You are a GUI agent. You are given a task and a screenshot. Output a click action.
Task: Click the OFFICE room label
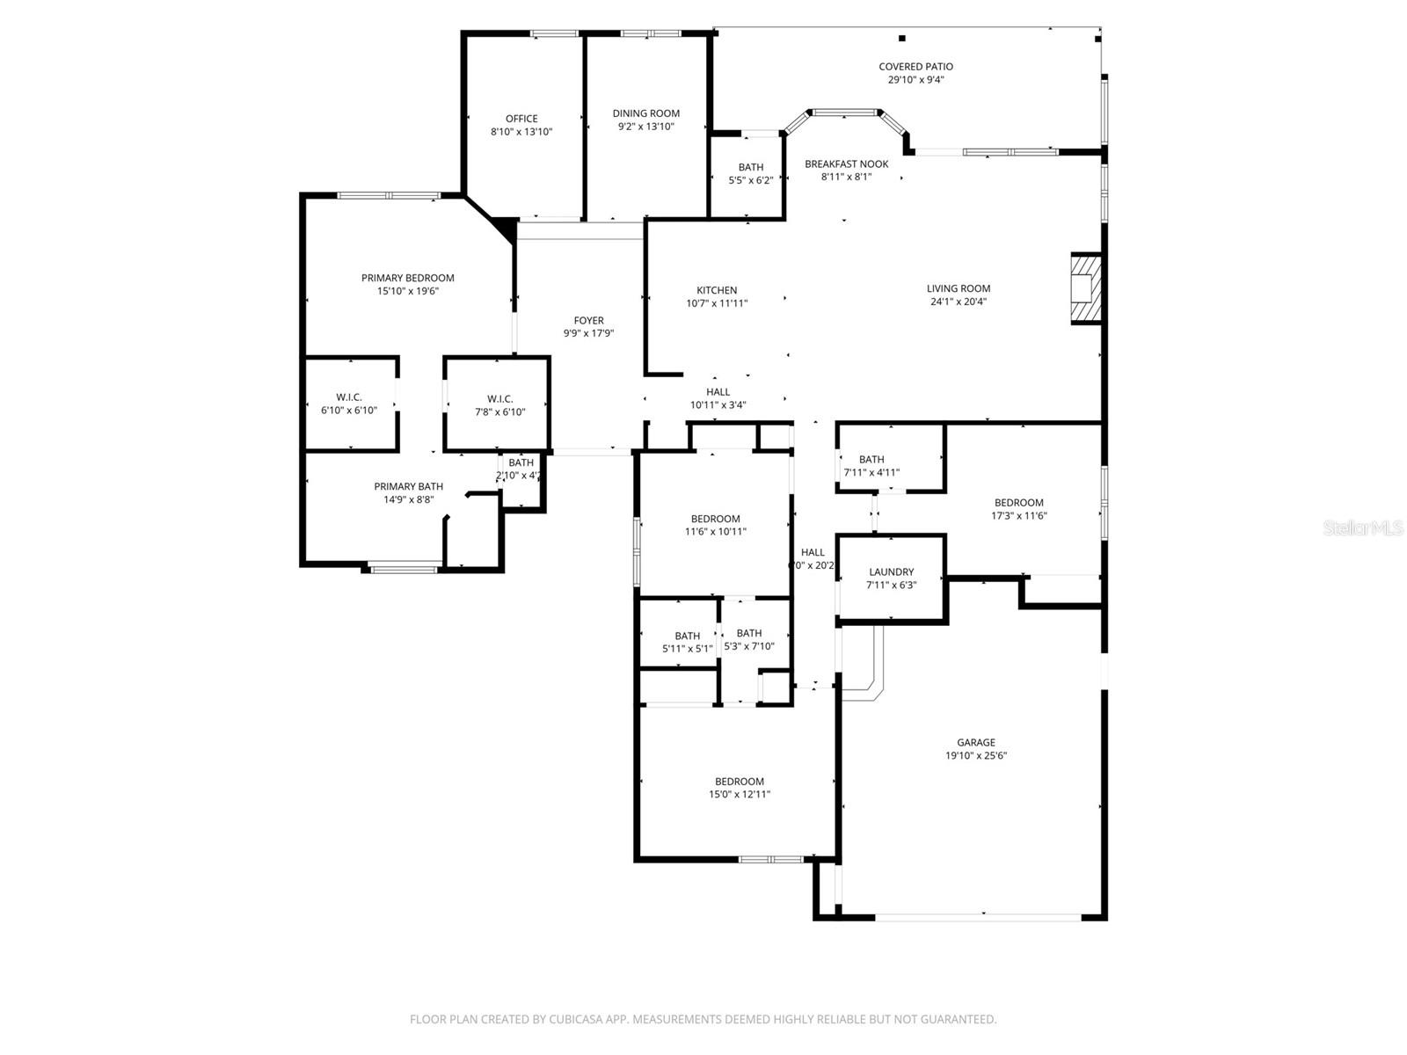click(x=521, y=119)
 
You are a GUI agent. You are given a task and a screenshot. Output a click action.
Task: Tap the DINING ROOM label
click(x=646, y=113)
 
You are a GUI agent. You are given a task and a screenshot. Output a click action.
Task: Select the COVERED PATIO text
click(x=915, y=67)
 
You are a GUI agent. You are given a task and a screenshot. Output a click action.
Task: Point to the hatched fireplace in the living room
click(x=1086, y=288)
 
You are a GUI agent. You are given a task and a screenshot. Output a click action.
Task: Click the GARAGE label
click(x=976, y=743)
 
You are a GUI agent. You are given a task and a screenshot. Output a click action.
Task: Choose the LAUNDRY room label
click(x=892, y=572)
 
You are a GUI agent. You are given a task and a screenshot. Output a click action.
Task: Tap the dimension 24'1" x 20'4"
click(x=959, y=302)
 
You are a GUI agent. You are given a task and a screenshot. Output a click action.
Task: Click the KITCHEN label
click(x=717, y=291)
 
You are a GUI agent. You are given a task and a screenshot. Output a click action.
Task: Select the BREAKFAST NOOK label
click(x=847, y=164)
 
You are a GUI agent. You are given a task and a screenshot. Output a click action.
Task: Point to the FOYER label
click(x=588, y=321)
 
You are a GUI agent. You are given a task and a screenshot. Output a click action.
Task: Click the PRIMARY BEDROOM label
click(x=408, y=279)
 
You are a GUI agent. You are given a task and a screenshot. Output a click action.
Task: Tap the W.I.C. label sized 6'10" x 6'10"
click(x=349, y=398)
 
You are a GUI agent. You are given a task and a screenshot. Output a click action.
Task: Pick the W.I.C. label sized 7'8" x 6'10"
click(x=499, y=399)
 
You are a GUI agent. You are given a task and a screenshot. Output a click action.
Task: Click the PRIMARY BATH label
click(x=409, y=487)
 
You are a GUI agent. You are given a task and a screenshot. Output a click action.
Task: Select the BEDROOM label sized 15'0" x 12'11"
click(x=740, y=782)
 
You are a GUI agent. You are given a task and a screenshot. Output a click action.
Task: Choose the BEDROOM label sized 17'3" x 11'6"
click(x=1019, y=503)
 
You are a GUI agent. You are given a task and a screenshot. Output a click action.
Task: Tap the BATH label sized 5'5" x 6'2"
click(x=751, y=168)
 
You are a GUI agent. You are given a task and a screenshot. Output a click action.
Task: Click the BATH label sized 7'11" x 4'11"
click(x=871, y=460)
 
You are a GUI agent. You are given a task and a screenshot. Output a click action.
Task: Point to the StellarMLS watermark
click(x=1362, y=528)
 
